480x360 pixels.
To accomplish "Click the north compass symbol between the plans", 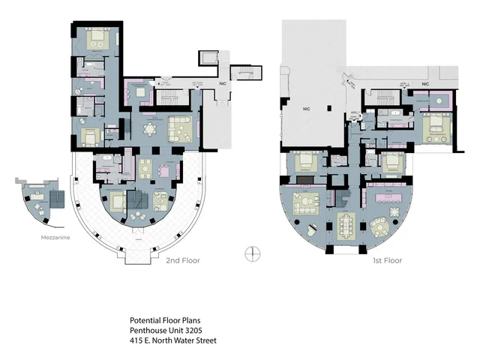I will pos(252,253).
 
